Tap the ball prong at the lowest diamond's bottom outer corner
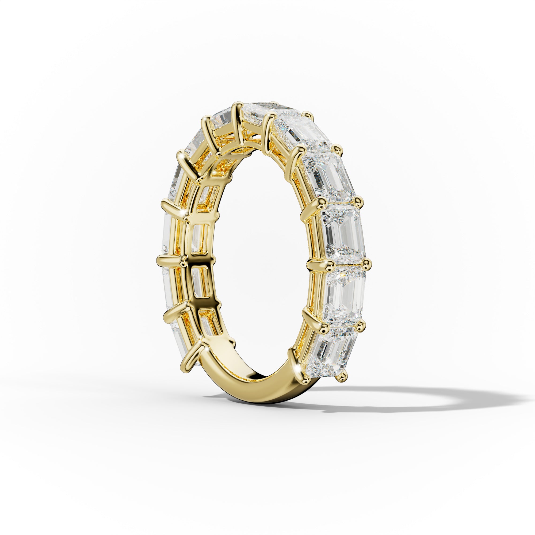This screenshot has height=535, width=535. tap(343, 376)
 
